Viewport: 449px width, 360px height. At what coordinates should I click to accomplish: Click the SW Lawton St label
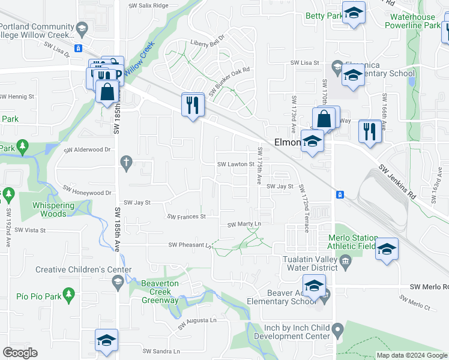click(x=236, y=164)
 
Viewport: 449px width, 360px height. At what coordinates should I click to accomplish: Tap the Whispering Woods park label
click(x=53, y=209)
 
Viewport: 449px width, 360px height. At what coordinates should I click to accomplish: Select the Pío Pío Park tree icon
click(x=69, y=293)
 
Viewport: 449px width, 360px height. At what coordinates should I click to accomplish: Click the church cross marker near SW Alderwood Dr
click(x=126, y=161)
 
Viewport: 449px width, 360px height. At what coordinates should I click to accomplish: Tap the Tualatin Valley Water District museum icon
click(x=345, y=260)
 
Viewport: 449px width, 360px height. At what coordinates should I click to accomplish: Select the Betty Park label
click(x=323, y=16)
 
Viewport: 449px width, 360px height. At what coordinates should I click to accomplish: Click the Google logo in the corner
click(x=20, y=353)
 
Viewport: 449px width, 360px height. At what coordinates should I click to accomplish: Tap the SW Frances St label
click(x=187, y=217)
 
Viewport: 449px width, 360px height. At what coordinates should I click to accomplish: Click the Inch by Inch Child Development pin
click(x=337, y=329)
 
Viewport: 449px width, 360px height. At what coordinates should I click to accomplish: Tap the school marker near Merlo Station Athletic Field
click(x=387, y=248)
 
